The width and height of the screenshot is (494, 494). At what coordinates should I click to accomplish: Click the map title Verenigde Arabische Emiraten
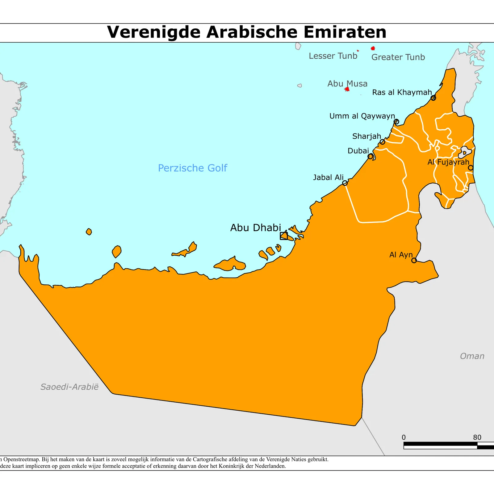[246, 32]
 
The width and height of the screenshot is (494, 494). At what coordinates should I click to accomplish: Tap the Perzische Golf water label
[192, 168]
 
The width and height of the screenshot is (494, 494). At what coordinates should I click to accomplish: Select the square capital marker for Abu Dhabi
[284, 236]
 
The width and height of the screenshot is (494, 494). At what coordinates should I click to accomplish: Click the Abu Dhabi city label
[256, 228]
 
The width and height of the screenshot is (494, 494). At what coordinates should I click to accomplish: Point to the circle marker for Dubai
[370, 157]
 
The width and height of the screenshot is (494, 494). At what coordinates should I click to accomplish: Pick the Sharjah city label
[366, 136]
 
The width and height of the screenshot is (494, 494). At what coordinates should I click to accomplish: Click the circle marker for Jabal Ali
[345, 183]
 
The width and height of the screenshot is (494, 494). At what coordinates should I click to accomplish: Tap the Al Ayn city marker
[414, 260]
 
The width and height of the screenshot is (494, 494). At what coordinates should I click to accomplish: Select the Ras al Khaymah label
[402, 92]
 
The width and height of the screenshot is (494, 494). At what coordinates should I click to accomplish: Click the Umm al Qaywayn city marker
[396, 122]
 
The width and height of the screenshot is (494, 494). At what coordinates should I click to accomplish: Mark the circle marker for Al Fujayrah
[471, 168]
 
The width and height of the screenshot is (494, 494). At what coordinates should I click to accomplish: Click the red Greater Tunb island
[373, 48]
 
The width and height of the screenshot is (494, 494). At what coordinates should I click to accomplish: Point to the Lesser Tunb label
[333, 56]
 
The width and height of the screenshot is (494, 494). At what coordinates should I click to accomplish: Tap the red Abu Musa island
[347, 89]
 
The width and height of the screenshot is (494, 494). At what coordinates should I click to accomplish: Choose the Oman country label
[472, 356]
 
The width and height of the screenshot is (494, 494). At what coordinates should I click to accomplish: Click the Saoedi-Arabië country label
[69, 387]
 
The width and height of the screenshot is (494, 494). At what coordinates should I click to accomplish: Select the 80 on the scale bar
[477, 437]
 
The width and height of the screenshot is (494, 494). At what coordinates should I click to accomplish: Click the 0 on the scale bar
[404, 437]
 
